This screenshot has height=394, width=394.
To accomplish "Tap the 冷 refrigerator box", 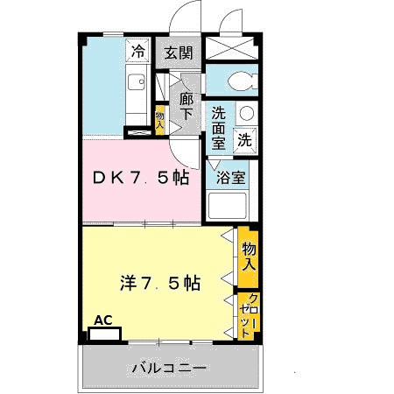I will [x=137, y=52].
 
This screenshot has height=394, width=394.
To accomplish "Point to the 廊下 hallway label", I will [x=186, y=105].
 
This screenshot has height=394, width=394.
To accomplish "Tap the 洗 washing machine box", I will [x=246, y=138].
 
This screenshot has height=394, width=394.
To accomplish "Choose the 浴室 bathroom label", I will [x=232, y=176].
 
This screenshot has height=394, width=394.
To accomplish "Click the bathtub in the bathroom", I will [x=229, y=208].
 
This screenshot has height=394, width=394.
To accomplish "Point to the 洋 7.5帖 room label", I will [x=161, y=283].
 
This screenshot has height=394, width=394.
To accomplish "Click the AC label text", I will [x=103, y=320].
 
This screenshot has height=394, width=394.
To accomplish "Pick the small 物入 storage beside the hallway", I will [x=160, y=118].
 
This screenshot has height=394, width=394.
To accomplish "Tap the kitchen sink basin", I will [x=137, y=83].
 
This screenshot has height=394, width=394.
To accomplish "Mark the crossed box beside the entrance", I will [x=233, y=49].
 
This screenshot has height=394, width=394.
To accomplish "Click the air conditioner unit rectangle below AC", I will [x=109, y=334].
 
